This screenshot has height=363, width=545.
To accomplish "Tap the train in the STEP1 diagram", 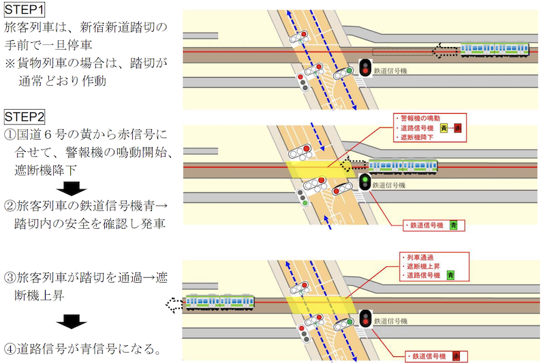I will pyautogui.click(x=495, y=49).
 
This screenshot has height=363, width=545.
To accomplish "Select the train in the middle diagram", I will pyautogui.click(x=401, y=166).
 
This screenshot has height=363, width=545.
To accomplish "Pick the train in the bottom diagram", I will pyautogui.click(x=219, y=300).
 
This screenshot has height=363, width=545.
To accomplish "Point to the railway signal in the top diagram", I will pyautogui.click(x=365, y=67).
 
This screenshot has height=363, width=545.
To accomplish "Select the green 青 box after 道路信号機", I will pyautogui.click(x=450, y=276).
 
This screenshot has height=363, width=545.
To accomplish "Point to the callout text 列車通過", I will pyautogui.click(x=418, y=257).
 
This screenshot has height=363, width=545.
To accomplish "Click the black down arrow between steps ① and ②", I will pyautogui.click(x=71, y=188).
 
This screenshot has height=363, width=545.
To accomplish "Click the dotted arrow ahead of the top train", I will pyautogui.click(x=447, y=49).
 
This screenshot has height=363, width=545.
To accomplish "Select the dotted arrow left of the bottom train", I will pyautogui.click(x=175, y=302).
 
